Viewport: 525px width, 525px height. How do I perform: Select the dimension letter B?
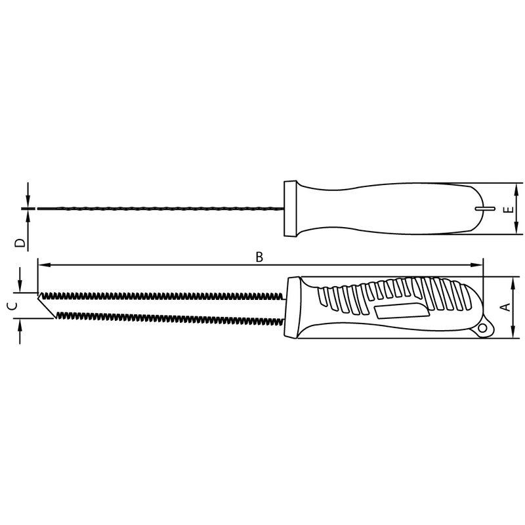point(259,257)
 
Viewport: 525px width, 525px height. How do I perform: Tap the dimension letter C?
point(11,306)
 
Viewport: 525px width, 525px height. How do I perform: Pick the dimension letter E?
point(506,211)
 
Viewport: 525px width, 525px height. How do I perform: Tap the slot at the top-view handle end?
point(483,209)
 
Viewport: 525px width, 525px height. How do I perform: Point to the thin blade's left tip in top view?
point(39,209)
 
